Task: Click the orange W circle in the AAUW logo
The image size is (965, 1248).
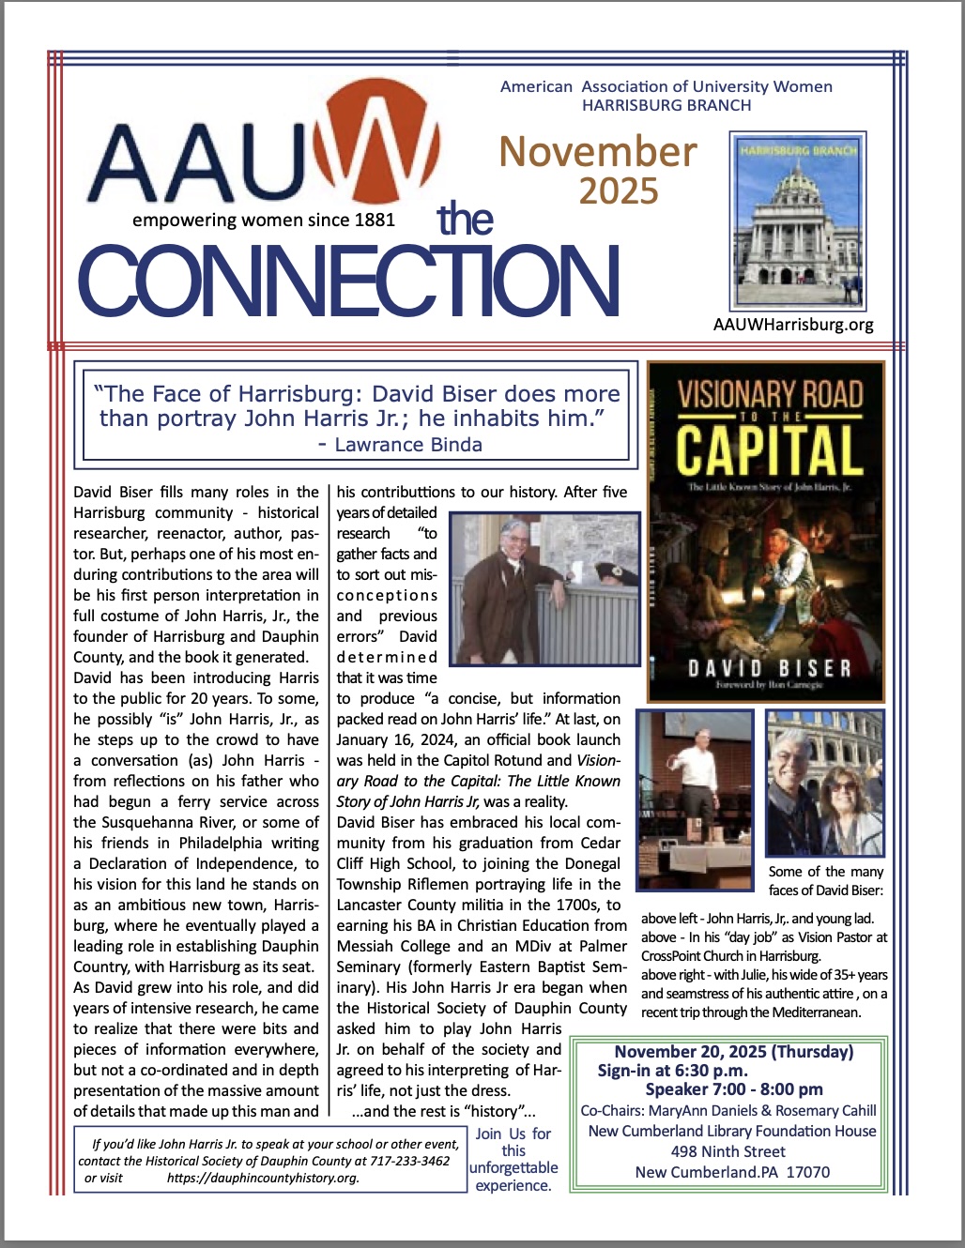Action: pyautogui.click(x=361, y=150)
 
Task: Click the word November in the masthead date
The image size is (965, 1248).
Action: pyautogui.click(x=598, y=152)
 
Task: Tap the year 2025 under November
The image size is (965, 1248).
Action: pyautogui.click(x=619, y=191)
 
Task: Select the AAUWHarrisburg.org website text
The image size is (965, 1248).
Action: pyautogui.click(x=793, y=325)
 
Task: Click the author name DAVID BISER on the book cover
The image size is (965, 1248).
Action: pyautogui.click(x=769, y=669)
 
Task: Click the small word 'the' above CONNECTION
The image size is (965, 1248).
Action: pyautogui.click(x=465, y=219)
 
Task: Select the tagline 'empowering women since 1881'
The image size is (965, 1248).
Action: pyautogui.click(x=264, y=221)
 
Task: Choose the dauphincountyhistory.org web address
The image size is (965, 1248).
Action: pyautogui.click(x=263, y=1178)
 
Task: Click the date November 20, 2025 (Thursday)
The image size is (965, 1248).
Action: pyautogui.click(x=734, y=1052)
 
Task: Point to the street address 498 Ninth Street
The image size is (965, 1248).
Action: pyautogui.click(x=728, y=1151)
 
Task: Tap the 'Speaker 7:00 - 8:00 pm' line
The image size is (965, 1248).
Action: pyautogui.click(x=734, y=1089)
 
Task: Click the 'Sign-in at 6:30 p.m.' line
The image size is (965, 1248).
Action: pyautogui.click(x=673, y=1071)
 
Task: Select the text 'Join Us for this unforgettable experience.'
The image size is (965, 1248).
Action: pyautogui.click(x=513, y=1160)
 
